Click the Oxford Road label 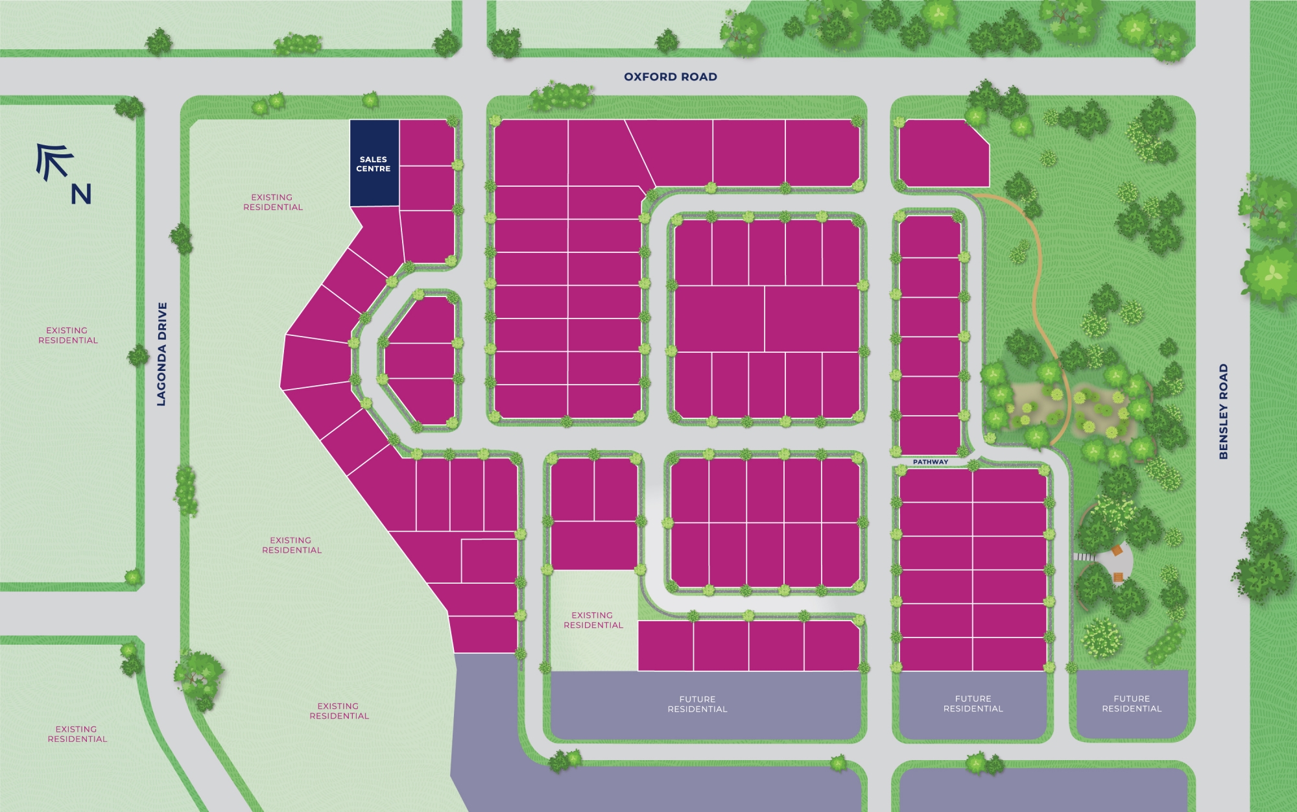(670, 77)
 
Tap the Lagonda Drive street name (162, 354)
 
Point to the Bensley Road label (1223, 411)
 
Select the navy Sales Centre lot (374, 163)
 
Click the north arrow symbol (54, 161)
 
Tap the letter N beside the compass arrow (81, 194)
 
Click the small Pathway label (930, 462)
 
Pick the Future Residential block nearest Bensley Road (1132, 704)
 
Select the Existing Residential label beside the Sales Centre (272, 202)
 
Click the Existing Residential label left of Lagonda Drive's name (67, 335)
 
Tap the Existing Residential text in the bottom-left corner (77, 734)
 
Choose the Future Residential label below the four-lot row (697, 704)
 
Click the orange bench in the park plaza (1117, 551)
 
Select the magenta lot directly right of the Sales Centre (426, 143)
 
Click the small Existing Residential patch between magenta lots (593, 620)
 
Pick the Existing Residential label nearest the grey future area (339, 711)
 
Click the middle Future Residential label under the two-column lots (973, 704)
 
